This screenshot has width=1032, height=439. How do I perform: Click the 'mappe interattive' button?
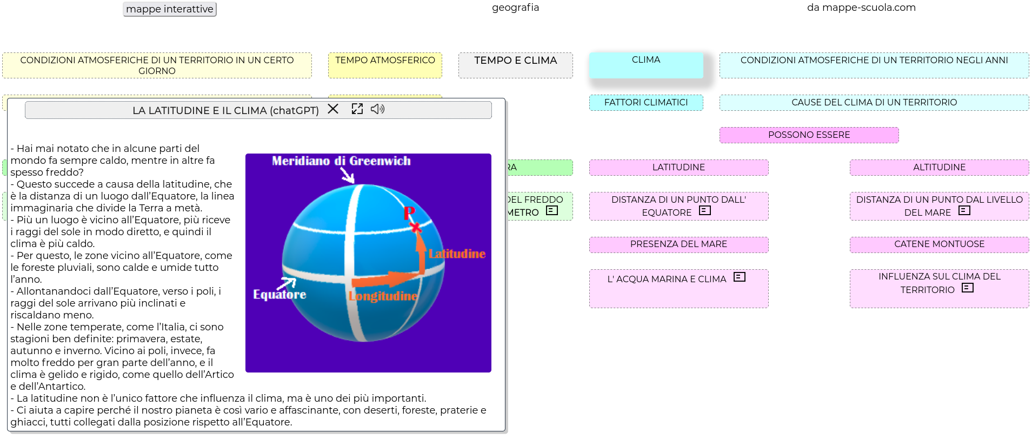(170, 9)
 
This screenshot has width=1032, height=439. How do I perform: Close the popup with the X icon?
(333, 109)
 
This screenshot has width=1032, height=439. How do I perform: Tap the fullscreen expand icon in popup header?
(357, 109)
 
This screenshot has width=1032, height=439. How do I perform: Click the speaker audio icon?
(377, 109)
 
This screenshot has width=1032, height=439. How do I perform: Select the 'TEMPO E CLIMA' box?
(516, 65)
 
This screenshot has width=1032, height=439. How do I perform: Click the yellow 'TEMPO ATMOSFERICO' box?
(385, 65)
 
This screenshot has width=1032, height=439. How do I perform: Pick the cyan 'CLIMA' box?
(646, 65)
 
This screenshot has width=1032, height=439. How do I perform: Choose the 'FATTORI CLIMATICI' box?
(646, 103)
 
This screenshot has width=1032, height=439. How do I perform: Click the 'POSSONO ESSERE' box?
(809, 135)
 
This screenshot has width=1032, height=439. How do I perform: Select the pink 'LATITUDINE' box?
(679, 168)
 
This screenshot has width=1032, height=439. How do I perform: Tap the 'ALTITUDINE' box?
(940, 168)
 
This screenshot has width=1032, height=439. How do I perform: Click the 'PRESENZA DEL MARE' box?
(679, 244)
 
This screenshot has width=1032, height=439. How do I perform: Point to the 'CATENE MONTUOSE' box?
(940, 244)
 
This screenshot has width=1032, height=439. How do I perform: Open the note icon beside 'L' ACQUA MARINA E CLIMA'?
(740, 277)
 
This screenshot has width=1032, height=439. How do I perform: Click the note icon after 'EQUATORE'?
(705, 211)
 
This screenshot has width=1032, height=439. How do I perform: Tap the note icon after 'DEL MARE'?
(964, 211)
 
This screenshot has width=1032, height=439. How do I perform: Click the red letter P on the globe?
(409, 213)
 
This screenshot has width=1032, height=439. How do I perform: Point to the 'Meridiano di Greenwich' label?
(341, 161)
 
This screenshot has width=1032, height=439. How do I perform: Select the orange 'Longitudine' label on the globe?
(383, 296)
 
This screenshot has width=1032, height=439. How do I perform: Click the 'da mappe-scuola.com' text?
(861, 8)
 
